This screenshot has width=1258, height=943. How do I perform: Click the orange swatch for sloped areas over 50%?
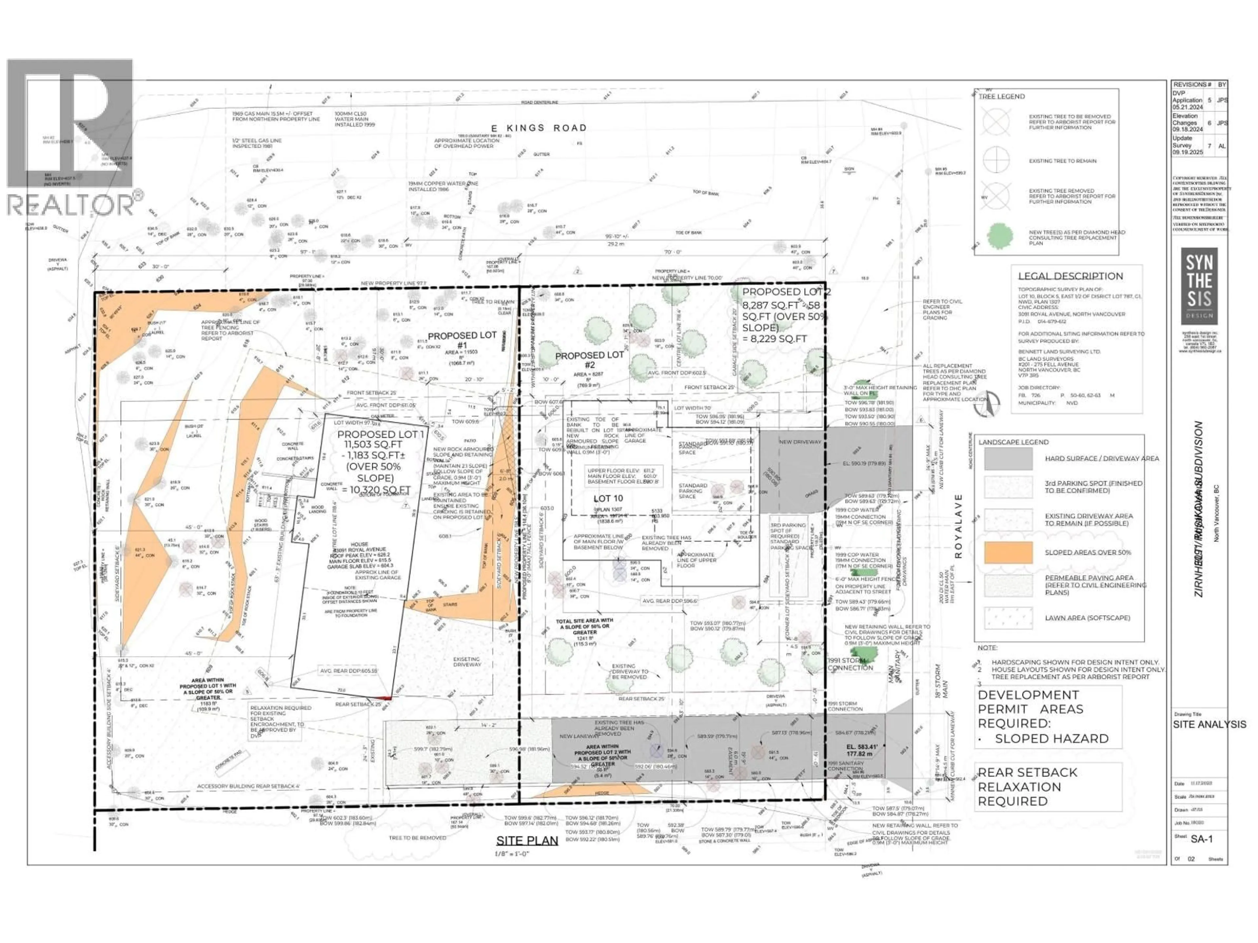[x=1008, y=552]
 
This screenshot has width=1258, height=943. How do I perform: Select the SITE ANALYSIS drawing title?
[x=1209, y=725]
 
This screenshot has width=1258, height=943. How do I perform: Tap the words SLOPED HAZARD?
[x=1052, y=738]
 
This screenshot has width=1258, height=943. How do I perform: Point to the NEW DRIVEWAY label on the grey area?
[x=800, y=442]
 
